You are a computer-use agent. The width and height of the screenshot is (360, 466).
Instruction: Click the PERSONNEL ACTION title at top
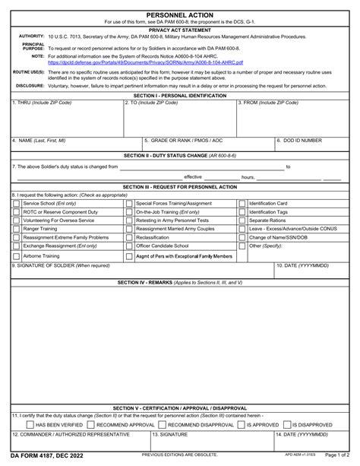pos(179,14)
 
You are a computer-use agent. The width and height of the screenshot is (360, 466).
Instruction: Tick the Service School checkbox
pos(17,204)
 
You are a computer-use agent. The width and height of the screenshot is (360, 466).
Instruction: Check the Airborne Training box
pos(17,257)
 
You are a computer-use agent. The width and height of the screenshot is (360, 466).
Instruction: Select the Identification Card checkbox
pos(242,204)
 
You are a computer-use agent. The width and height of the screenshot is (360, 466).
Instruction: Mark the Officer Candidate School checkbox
pos(129,246)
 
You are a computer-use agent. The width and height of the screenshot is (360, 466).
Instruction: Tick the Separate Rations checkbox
pos(242,220)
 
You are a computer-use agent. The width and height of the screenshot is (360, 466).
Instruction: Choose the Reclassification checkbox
pos(129,236)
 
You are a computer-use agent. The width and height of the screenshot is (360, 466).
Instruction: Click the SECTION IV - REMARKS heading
pos(179,282)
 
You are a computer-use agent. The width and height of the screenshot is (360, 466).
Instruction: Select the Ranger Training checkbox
pos(17,228)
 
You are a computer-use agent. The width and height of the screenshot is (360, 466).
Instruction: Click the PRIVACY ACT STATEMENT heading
pos(179,29)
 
